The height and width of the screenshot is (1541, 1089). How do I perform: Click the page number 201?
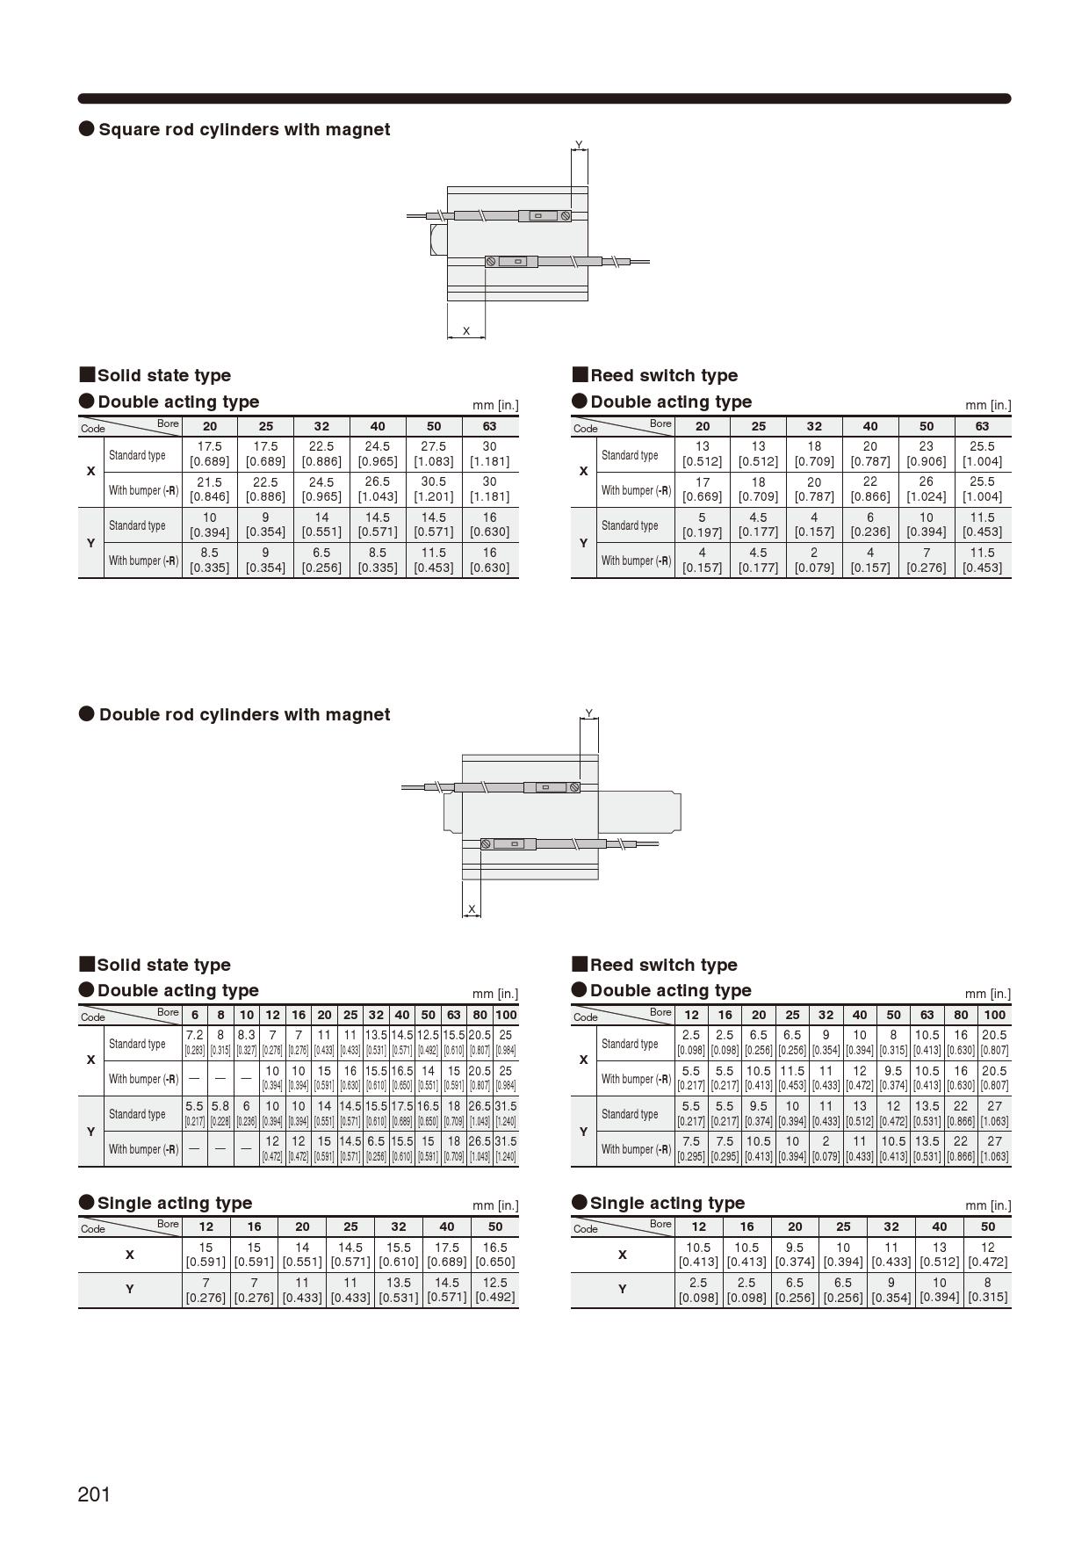[x=94, y=1494]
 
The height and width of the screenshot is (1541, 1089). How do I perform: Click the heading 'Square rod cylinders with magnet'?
[x=243, y=129]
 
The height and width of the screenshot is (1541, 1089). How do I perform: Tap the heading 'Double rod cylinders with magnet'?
[x=243, y=714]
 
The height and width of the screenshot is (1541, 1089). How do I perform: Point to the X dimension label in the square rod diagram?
[x=466, y=331]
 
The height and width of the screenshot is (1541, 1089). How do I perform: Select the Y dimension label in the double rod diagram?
[x=588, y=713]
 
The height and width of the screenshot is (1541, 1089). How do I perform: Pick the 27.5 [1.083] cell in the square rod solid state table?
[x=433, y=453]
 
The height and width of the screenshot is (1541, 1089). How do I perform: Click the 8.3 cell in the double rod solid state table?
[x=246, y=1042]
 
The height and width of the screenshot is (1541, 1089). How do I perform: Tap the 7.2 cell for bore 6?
[x=194, y=1042]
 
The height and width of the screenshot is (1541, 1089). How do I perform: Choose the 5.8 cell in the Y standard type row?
[x=220, y=1113]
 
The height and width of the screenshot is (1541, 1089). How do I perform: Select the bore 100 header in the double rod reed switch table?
[x=994, y=1014]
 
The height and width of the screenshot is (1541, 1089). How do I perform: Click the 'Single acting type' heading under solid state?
[x=174, y=1203]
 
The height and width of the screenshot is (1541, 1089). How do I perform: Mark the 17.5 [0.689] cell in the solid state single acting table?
[x=446, y=1254]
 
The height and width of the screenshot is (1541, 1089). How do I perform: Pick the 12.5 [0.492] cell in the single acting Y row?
[x=494, y=1289]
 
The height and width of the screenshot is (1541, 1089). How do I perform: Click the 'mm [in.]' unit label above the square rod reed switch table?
[x=987, y=405]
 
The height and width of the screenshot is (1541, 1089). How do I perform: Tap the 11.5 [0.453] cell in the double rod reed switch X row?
[x=792, y=1078]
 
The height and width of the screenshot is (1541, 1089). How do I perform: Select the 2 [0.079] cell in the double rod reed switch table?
[x=826, y=1148]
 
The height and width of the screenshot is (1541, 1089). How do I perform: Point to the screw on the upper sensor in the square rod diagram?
[x=566, y=215]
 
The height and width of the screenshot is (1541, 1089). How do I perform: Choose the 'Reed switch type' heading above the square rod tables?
[x=663, y=375]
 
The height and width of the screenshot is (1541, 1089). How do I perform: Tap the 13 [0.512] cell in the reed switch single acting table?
[x=939, y=1254]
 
